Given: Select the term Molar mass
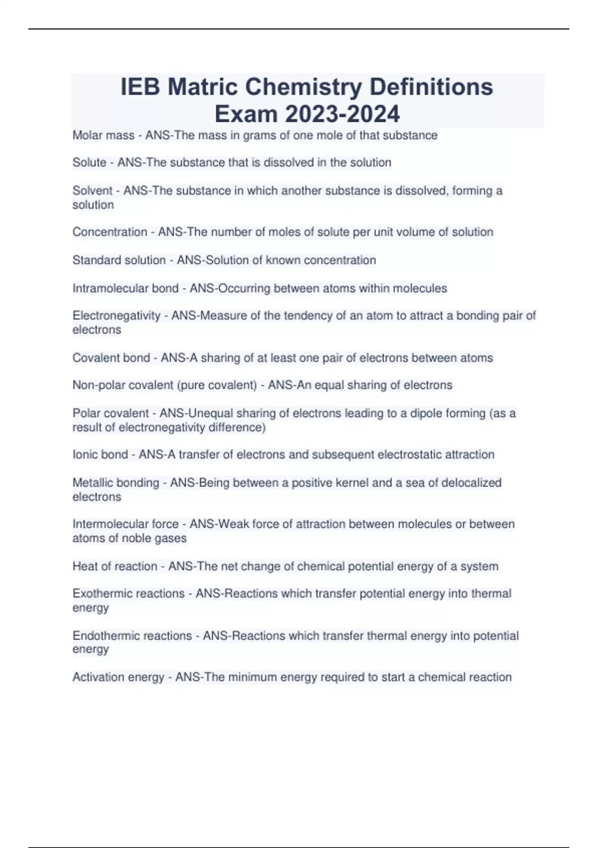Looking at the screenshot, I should click(103, 135).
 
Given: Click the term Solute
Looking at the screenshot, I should click(89, 163).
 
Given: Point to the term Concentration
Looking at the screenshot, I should click(110, 232).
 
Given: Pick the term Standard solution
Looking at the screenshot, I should click(119, 260).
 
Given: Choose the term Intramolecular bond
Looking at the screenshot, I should click(125, 288).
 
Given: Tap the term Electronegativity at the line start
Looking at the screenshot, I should click(116, 316).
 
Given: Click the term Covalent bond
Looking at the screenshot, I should click(111, 358).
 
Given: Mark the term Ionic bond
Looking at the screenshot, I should click(100, 454).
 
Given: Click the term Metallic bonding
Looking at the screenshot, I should click(116, 483).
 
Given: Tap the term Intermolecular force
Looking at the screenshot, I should click(125, 524).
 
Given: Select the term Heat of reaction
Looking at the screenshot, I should click(115, 567).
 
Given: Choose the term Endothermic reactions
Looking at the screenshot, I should click(132, 636).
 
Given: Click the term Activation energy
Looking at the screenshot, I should click(118, 677).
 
